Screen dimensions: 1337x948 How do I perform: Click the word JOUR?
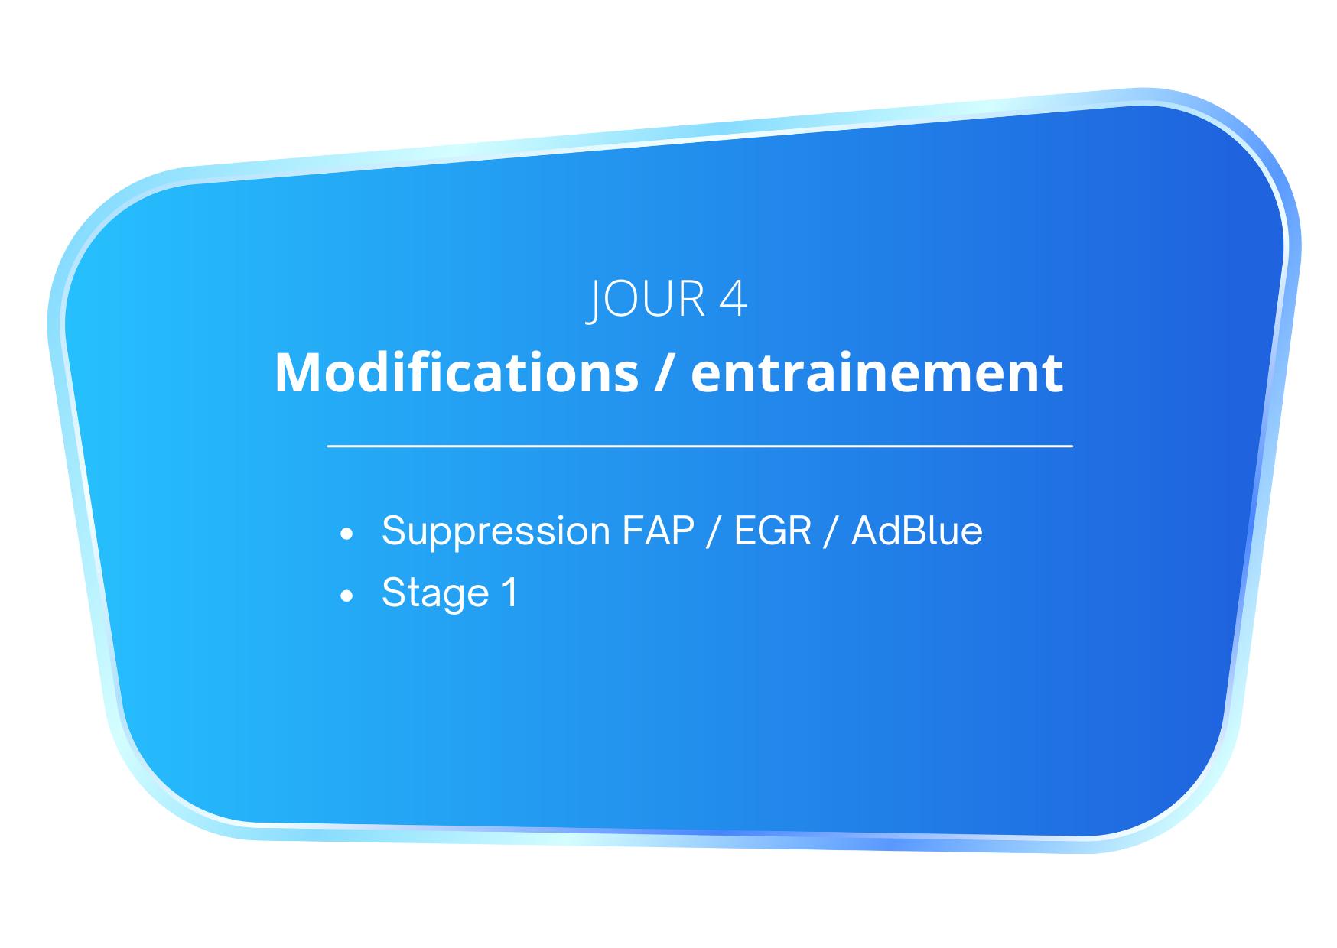(646, 300)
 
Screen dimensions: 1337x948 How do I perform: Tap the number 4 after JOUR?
(733, 298)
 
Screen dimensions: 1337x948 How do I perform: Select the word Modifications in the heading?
(457, 372)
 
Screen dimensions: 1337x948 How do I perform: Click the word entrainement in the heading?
(877, 372)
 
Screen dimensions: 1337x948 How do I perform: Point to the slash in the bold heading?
(665, 372)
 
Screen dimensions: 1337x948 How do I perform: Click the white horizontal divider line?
(700, 446)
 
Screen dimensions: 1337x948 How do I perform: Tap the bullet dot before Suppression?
(347, 534)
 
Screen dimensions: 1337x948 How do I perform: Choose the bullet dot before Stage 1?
(347, 595)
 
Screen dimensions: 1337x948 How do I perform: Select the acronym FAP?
(659, 531)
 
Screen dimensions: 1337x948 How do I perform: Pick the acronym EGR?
(773, 531)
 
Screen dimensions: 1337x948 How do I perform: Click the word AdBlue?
(917, 531)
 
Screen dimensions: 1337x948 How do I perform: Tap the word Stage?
(435, 593)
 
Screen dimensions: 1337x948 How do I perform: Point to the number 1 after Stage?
(509, 592)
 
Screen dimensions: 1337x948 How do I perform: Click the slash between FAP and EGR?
(714, 531)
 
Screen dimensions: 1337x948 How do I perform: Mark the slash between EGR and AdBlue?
(831, 531)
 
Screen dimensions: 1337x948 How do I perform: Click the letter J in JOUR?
(594, 301)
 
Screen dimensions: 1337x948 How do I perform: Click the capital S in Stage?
(394, 592)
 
